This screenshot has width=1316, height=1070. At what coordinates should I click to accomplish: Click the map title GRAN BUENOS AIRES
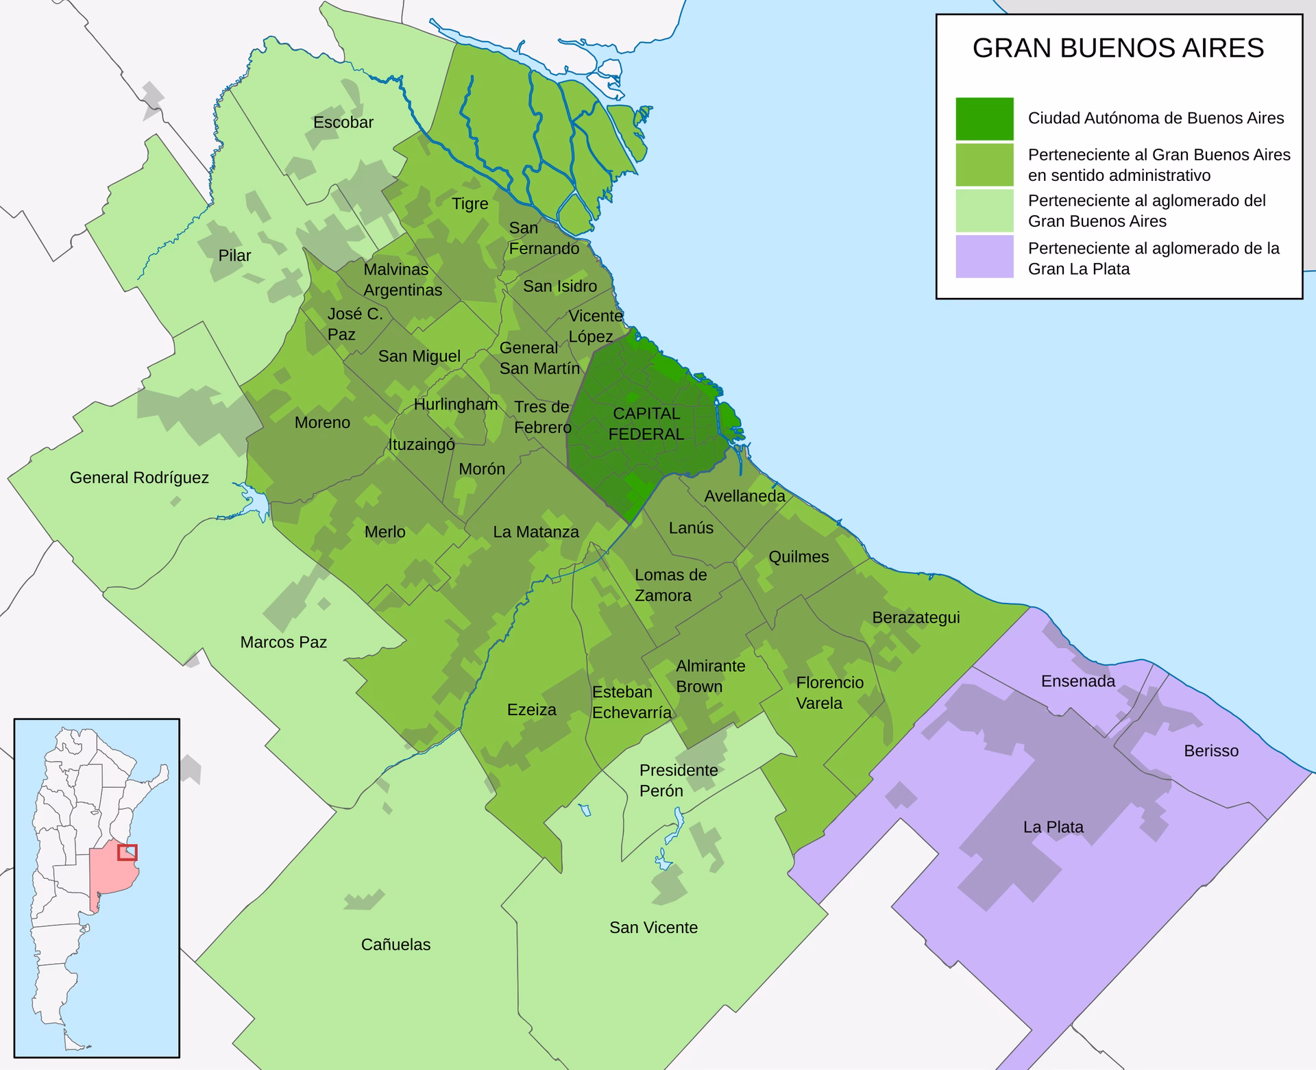click(x=1118, y=48)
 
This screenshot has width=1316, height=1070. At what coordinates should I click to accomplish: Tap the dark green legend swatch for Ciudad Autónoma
click(x=984, y=119)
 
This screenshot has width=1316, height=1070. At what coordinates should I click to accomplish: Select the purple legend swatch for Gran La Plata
click(x=984, y=257)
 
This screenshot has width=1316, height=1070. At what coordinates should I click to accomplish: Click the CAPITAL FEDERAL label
click(x=646, y=424)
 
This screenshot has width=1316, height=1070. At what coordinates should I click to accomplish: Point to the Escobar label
click(x=343, y=123)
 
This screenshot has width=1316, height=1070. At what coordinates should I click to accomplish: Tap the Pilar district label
click(x=234, y=256)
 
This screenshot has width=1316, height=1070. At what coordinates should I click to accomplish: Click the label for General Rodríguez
click(x=139, y=477)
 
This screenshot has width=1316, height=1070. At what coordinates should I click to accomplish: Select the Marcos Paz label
click(x=283, y=642)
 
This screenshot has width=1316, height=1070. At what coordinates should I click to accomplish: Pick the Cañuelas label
click(x=395, y=945)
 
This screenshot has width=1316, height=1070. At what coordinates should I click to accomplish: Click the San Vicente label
click(x=653, y=928)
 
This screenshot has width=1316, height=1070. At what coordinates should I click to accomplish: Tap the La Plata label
click(x=1053, y=827)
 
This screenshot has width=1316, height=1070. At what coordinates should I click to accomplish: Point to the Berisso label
click(x=1211, y=751)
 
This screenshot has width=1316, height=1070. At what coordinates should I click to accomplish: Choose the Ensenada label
click(x=1077, y=681)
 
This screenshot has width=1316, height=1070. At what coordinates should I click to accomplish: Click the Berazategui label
click(x=916, y=617)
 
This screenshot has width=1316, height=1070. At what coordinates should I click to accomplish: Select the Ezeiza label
click(x=531, y=710)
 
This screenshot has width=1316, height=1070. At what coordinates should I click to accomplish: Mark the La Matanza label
click(x=535, y=532)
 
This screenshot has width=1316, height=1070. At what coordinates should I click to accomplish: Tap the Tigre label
click(x=470, y=203)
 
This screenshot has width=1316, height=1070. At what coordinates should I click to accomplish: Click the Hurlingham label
click(x=455, y=404)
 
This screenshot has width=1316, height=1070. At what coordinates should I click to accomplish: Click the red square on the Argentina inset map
click(x=127, y=852)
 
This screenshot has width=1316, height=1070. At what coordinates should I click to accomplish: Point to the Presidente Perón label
click(x=678, y=780)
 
